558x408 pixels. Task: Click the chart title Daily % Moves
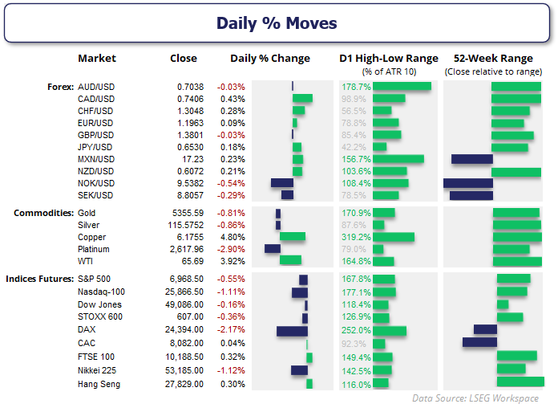click(277, 23)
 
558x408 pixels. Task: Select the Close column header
click(184, 59)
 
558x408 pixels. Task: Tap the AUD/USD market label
click(95, 86)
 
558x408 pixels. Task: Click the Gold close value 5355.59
click(191, 213)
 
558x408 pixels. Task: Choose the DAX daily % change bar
click(292, 331)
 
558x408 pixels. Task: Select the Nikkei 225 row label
click(99, 370)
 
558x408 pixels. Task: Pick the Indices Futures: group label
click(40, 279)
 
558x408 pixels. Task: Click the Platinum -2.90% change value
click(230, 249)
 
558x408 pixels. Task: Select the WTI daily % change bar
click(290, 260)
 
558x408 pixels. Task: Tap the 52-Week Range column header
click(493, 59)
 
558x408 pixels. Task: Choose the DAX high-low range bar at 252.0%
click(390, 331)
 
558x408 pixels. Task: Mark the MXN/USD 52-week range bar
click(471, 159)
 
